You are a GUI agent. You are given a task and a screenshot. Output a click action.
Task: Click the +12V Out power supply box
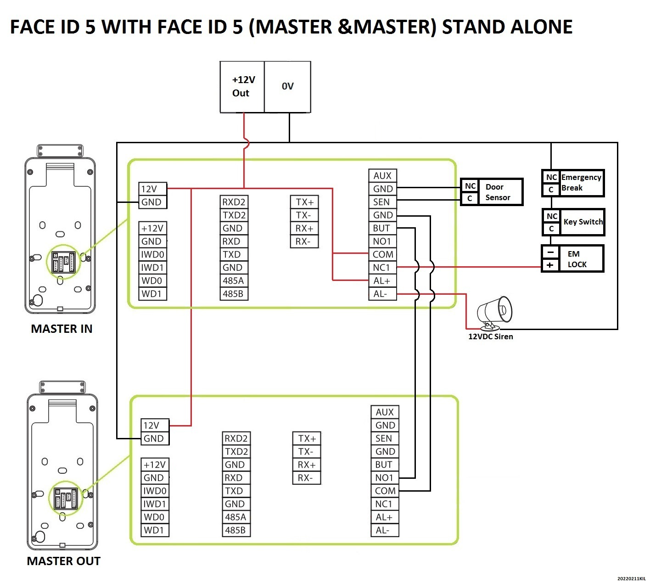coord(242,87)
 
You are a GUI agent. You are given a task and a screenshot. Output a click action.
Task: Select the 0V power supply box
coord(287,87)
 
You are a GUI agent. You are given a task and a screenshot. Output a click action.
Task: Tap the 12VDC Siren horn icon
coord(494,313)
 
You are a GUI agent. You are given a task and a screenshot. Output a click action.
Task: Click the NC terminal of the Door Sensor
coord(470,186)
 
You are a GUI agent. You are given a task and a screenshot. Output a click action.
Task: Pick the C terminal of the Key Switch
coord(551,229)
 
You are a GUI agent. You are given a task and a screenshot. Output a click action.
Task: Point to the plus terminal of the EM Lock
coord(550,265)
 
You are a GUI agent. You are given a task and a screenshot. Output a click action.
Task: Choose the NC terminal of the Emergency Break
coord(551,177)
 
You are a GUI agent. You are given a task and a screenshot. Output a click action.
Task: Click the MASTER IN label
coord(62,329)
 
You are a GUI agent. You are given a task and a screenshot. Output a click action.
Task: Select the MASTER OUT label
coord(63,561)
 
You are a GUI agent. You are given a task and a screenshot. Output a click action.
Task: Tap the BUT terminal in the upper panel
coord(382,228)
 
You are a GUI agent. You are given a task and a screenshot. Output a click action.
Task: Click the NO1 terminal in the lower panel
coord(385,478)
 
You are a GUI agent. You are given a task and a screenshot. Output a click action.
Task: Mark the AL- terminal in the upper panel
coord(382,294)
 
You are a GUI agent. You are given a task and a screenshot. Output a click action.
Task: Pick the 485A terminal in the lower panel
coord(236,517)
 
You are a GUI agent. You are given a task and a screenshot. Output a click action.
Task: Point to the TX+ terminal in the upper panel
coord(304,202)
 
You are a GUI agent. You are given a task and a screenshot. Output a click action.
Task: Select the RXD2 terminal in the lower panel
coord(236,438)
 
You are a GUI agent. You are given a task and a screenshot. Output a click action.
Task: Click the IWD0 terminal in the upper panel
coord(153,254)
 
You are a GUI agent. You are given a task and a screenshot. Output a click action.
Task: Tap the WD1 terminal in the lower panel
coord(155,530)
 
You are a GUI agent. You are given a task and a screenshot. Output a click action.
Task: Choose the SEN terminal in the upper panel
coord(382,202)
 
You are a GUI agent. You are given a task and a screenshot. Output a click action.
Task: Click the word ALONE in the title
coord(541,27)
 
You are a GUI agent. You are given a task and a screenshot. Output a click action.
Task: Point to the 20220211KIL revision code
coord(631,578)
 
